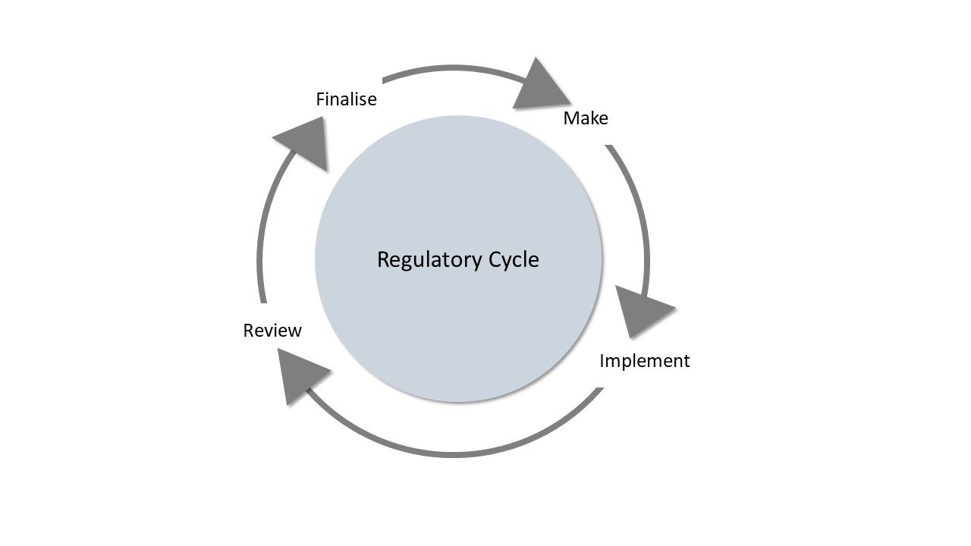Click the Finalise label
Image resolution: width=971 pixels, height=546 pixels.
pyautogui.click(x=346, y=99)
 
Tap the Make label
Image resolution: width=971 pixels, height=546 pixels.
pyautogui.click(x=585, y=118)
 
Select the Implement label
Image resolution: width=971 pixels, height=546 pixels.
pyautogui.click(x=644, y=361)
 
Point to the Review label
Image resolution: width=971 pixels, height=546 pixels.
pyautogui.click(x=272, y=331)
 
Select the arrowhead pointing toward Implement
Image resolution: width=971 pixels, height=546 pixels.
pyautogui.click(x=642, y=310)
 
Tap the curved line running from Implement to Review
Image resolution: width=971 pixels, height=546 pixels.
pyautogui.click(x=455, y=453)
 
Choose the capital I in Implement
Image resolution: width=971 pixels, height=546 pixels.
pyautogui.click(x=602, y=361)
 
